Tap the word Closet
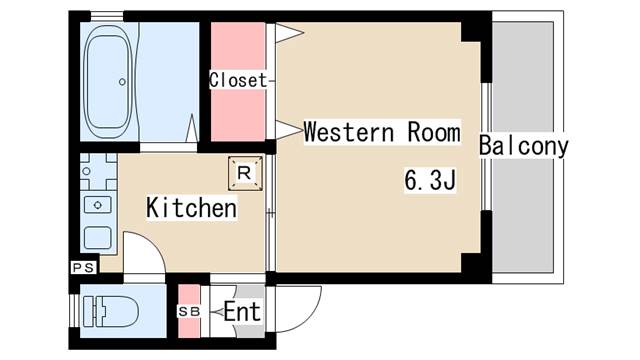(238, 80)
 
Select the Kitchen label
(191, 209)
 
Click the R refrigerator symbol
(245, 171)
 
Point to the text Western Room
(381, 132)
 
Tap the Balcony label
(523, 146)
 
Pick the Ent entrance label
(241, 312)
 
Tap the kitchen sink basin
(97, 203)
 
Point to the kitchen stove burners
(97, 171)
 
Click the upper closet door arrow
(289, 34)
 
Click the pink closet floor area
(238, 110)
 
